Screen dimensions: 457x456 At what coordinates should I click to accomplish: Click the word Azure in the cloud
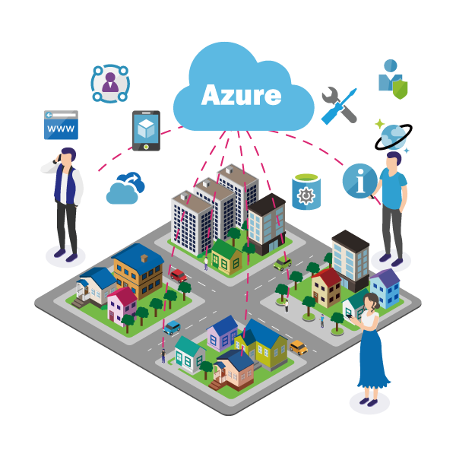(241, 96)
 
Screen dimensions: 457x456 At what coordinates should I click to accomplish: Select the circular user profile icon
(110, 83)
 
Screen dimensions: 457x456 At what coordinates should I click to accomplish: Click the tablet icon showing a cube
(146, 130)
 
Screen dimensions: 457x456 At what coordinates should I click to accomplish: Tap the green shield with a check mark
(397, 89)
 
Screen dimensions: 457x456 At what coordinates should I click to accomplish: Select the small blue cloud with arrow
(125, 189)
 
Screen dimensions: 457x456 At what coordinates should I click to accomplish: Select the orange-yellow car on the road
(299, 347)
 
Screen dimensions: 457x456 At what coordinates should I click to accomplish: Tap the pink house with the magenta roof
(122, 303)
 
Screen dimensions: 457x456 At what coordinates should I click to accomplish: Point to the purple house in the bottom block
(223, 332)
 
